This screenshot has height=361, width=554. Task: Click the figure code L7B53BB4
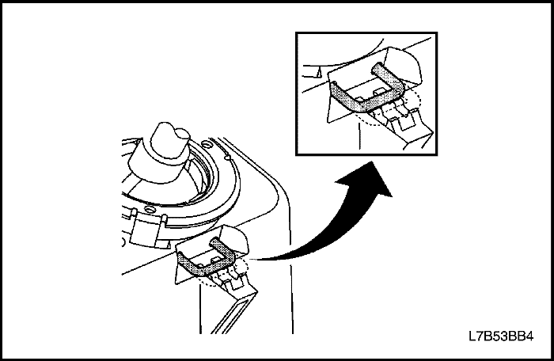(x=501, y=336)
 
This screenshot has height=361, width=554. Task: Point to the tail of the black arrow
(x=252, y=259)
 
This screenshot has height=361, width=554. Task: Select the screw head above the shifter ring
(x=207, y=143)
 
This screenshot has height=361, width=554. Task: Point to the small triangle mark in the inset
(x=319, y=73)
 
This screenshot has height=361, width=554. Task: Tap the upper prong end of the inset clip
(x=377, y=66)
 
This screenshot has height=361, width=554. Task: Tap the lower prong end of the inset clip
(x=333, y=85)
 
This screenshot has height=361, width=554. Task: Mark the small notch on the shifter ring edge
(x=228, y=157)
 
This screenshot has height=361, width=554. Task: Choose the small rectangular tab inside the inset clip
(x=379, y=92)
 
